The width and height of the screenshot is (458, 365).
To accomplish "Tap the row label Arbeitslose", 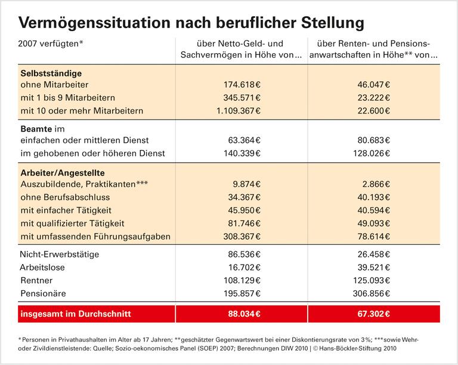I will click(x=43, y=267).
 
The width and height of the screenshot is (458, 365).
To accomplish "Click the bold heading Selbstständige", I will click(x=51, y=72).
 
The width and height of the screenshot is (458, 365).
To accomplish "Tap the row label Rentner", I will click(x=36, y=280).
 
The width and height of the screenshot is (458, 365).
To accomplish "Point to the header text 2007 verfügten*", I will click(x=51, y=44).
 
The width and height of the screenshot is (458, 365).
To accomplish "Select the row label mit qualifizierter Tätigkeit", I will click(x=72, y=223).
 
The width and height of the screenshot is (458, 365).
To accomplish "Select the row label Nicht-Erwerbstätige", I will click(x=60, y=254).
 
